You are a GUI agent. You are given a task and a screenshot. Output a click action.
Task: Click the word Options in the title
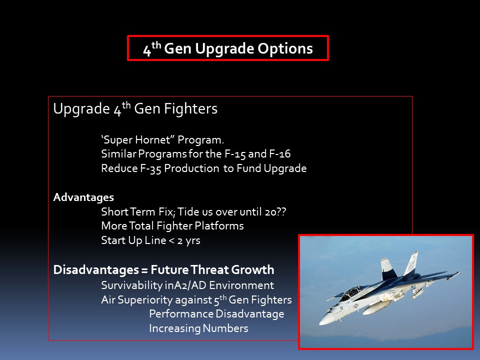(x=285, y=48)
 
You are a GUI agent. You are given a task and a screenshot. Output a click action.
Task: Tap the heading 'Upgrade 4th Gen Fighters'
(x=135, y=108)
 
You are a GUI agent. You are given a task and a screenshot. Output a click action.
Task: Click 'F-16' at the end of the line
(x=280, y=153)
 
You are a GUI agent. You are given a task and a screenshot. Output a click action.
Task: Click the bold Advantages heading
(x=83, y=197)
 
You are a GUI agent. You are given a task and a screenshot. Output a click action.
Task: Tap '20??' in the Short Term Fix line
(x=275, y=211)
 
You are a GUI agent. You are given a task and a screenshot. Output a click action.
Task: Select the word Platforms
(x=219, y=225)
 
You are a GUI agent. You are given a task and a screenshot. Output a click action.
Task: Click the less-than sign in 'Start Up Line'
(x=171, y=240)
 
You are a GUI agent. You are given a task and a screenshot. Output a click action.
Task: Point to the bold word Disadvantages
(x=96, y=269)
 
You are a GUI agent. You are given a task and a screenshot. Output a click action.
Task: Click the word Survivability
(x=132, y=285)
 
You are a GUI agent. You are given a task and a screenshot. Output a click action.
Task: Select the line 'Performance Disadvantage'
(x=216, y=314)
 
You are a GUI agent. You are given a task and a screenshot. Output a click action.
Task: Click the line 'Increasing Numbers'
(x=198, y=328)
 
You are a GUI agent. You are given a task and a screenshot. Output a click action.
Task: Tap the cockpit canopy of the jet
(x=352, y=291)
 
